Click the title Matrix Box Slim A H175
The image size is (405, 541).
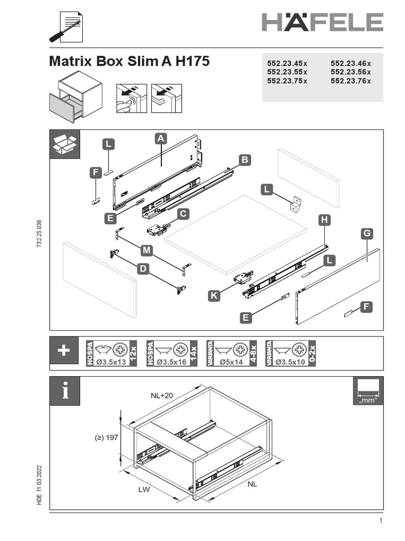coord(129,61)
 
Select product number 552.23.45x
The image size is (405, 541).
coord(287,63)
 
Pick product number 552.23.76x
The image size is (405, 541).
coord(351,81)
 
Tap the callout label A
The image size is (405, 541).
coord(161,138)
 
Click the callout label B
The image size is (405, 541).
coord(244,159)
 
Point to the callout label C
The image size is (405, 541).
coord(183,214)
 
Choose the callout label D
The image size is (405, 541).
coord(142,269)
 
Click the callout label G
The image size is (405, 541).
coord(367,233)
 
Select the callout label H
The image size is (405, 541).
coord(324,219)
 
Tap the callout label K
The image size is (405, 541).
coord(214,296)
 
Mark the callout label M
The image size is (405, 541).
coord(147,249)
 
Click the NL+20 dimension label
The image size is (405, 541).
coord(162,395)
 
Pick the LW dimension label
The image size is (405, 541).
coord(144,490)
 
